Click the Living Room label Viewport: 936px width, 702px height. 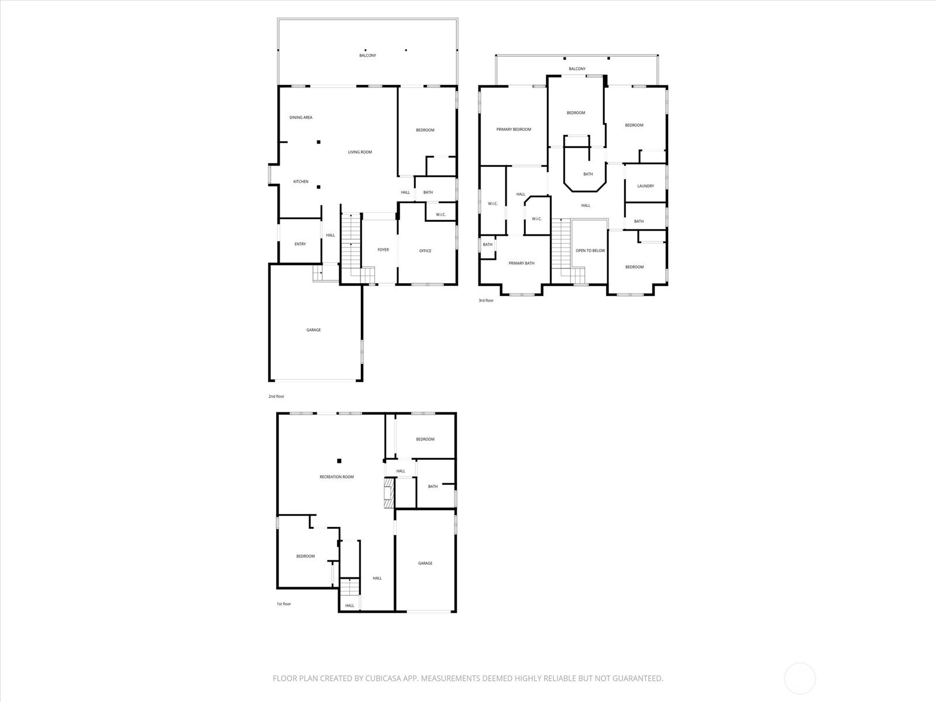click(x=360, y=152)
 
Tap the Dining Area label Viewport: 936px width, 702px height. click(x=301, y=118)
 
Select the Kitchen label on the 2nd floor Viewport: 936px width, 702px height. click(x=301, y=182)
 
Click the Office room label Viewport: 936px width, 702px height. click(x=425, y=251)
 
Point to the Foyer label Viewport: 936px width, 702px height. click(x=383, y=250)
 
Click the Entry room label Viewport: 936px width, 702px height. click(x=300, y=244)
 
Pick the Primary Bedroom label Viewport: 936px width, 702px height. click(x=514, y=129)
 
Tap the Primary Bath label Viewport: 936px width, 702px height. click(x=521, y=263)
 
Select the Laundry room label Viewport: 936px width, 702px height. click(x=645, y=186)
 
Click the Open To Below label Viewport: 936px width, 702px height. click(x=590, y=250)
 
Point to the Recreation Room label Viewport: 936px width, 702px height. click(x=336, y=477)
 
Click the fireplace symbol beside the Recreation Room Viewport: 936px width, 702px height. click(x=388, y=494)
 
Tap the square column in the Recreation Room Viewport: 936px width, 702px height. click(x=339, y=461)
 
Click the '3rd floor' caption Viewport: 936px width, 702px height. click(x=486, y=301)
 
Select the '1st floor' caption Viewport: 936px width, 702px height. click(x=284, y=604)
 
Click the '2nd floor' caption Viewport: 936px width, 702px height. click(x=276, y=397)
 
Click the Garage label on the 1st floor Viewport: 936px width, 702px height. click(x=425, y=563)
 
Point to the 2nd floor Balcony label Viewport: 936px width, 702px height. click(x=367, y=56)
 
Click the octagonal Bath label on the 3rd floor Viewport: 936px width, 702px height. click(x=588, y=174)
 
